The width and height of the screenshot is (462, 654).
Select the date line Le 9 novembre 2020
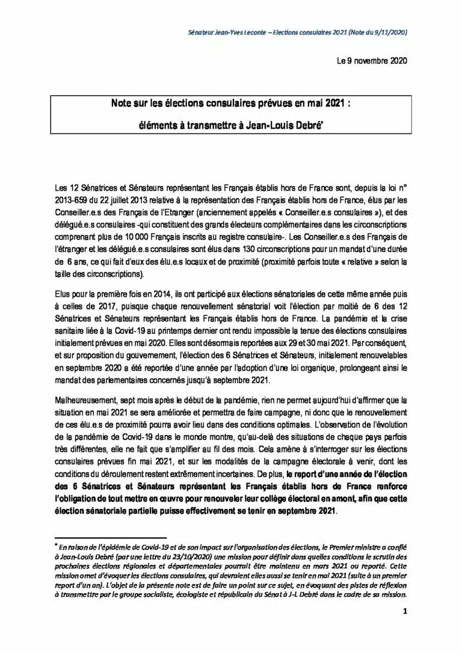tap(372, 61)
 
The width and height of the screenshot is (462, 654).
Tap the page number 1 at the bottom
tap(405, 612)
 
